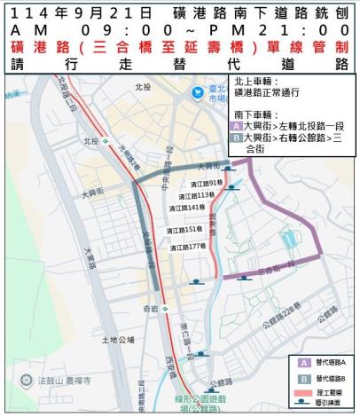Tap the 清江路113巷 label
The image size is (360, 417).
tap(181, 194)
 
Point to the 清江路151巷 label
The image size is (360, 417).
tap(181, 230)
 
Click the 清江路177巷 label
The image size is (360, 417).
tap(181, 245)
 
